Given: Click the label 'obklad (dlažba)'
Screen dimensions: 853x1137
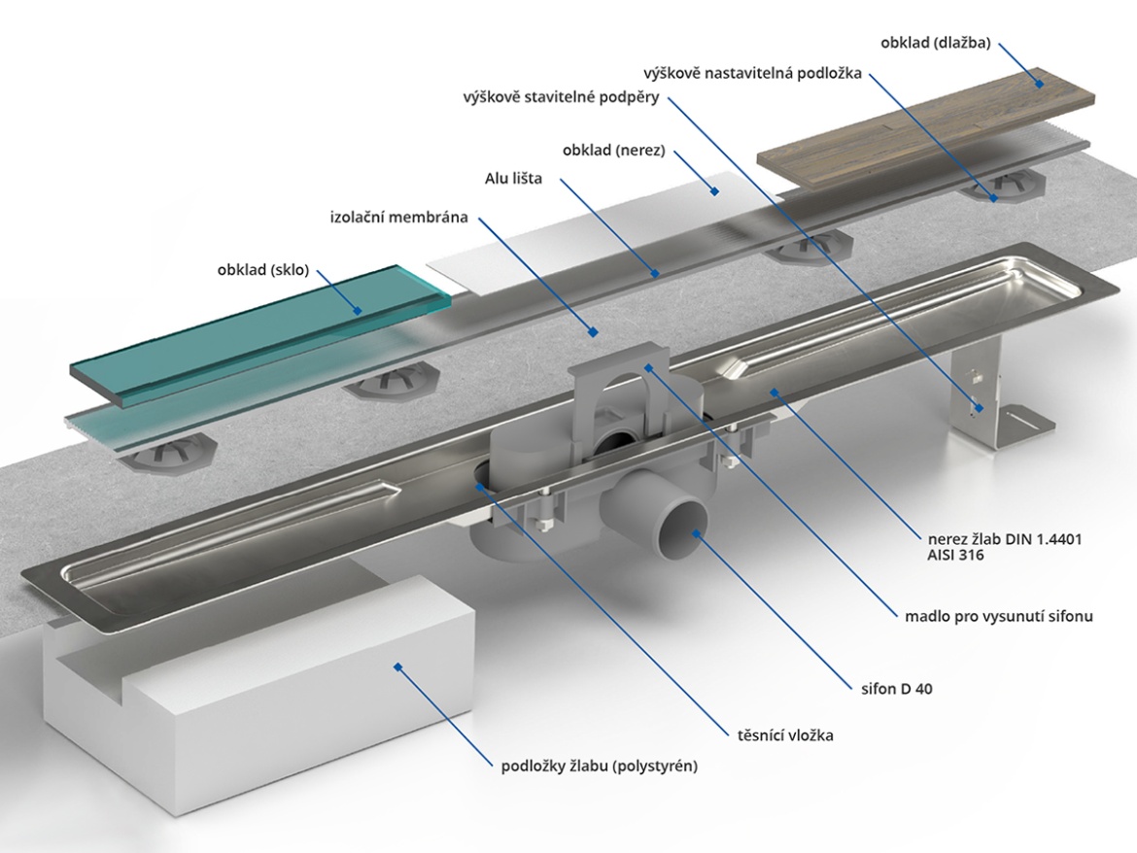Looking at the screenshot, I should tap(936, 43).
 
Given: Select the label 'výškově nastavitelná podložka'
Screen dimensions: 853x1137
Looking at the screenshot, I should tap(752, 73).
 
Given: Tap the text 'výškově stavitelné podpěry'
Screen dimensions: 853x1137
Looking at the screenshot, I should tap(564, 97).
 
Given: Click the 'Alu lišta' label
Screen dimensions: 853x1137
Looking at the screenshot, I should tap(513, 179).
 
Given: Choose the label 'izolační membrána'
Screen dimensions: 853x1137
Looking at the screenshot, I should tap(398, 218).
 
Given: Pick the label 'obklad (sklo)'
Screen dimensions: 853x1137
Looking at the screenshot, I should tap(262, 270).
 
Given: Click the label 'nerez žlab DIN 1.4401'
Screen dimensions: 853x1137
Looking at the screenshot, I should tap(992, 538).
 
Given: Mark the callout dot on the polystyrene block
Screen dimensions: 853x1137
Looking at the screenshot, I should tap(397, 666).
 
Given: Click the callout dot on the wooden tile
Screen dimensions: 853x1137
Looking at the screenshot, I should tap(1040, 85).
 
